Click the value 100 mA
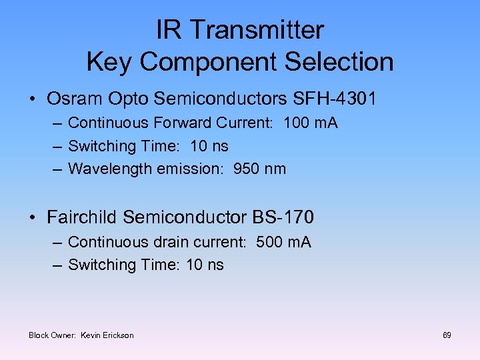[311, 123]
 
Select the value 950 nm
[259, 169]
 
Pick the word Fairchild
[83, 217]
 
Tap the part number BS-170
[283, 217]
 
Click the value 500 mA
[283, 242]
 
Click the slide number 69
[447, 335]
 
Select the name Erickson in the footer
[119, 335]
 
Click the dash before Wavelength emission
[57, 169]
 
